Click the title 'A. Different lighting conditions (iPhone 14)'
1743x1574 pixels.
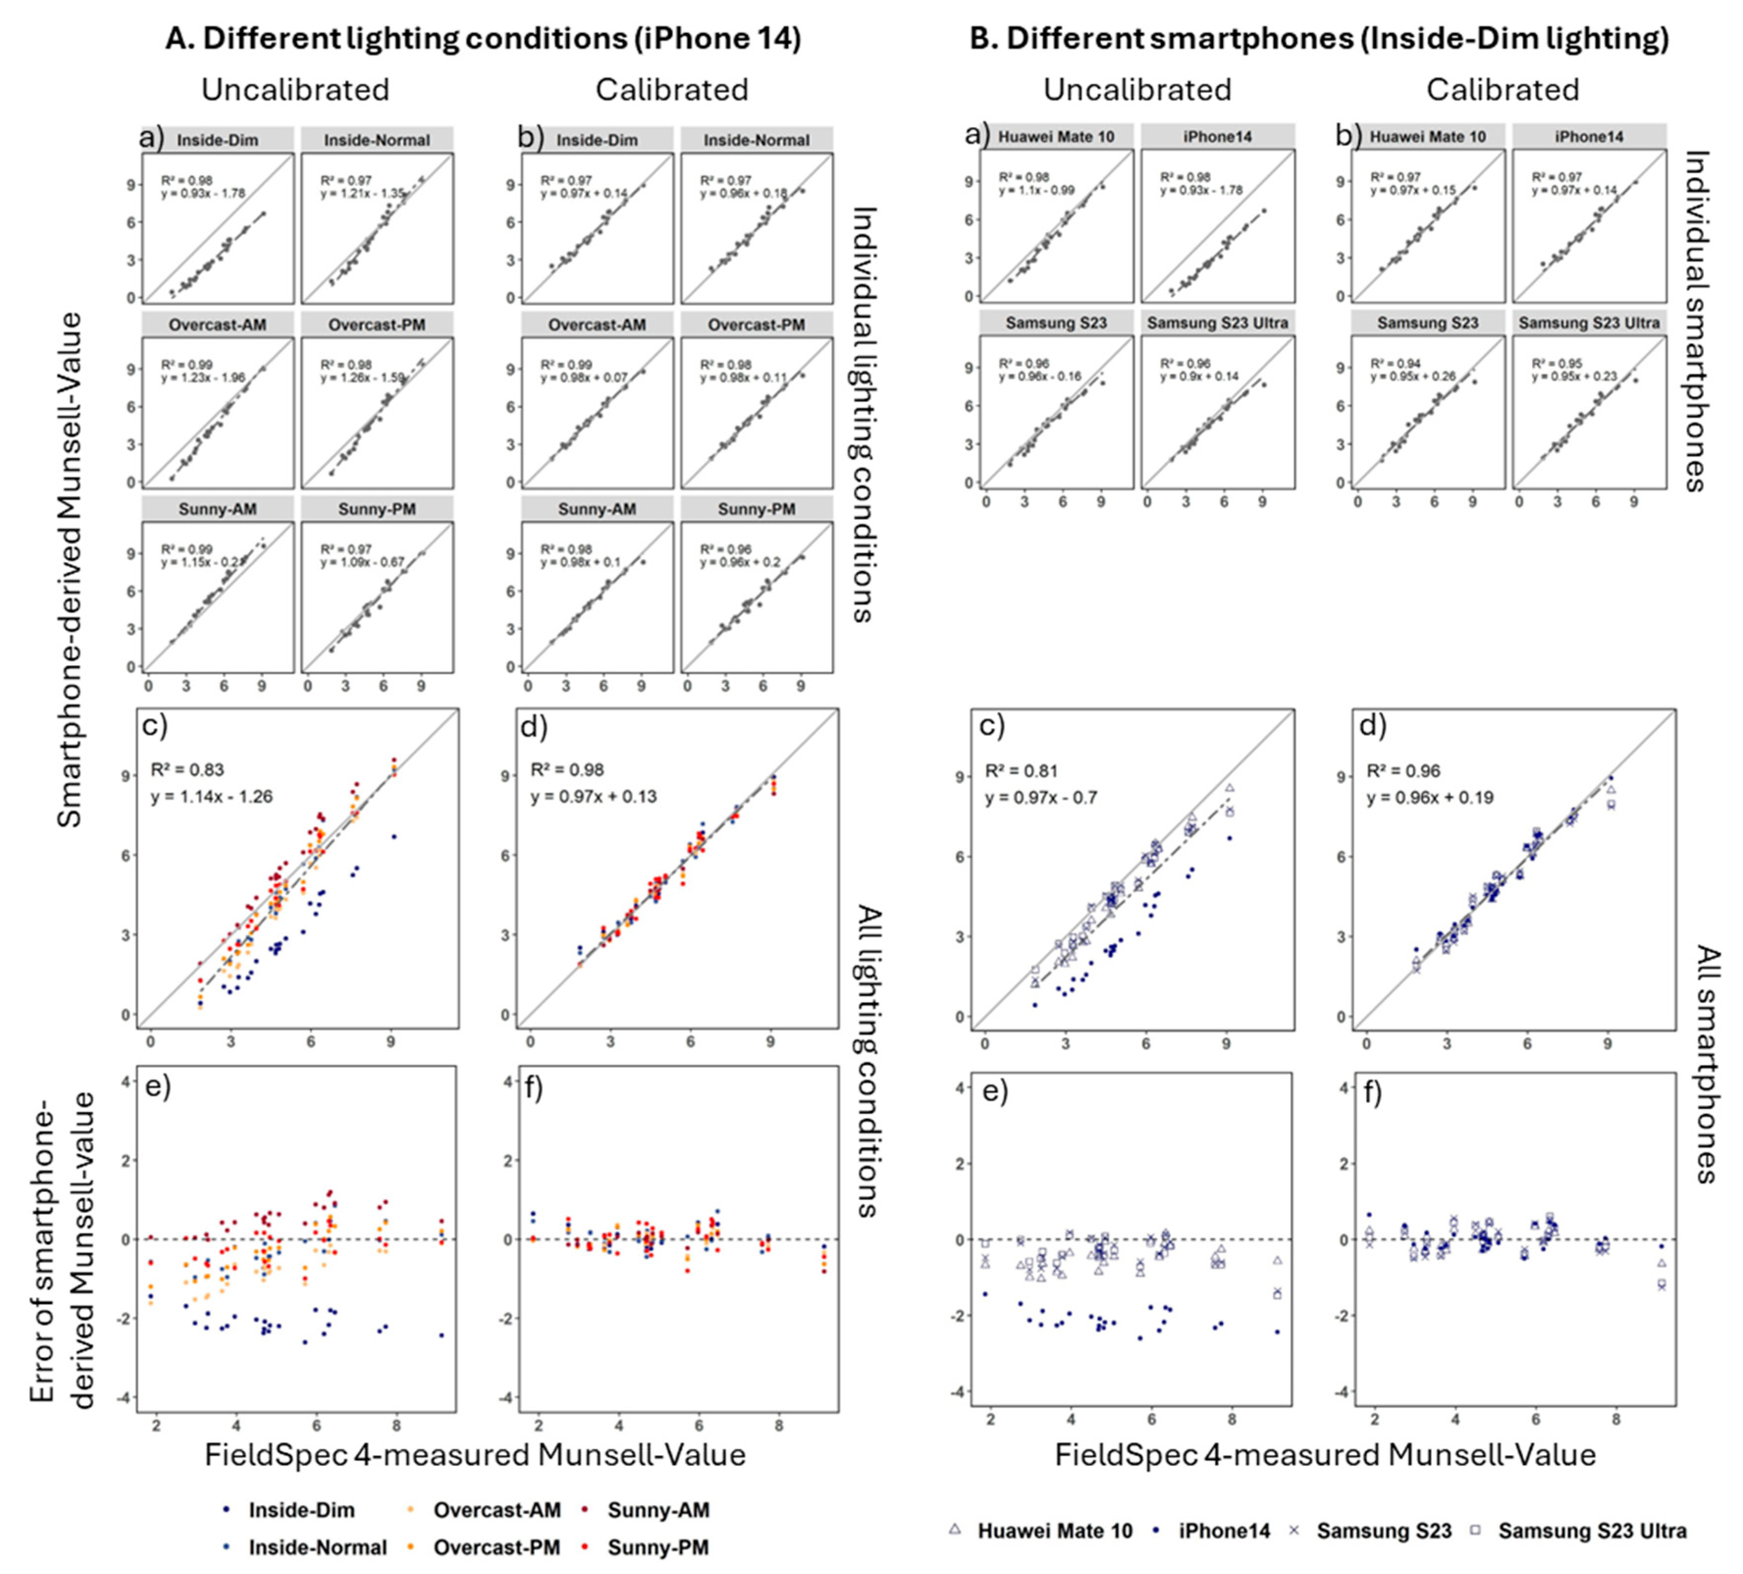tap(482, 39)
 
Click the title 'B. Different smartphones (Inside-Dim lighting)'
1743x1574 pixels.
tap(1319, 39)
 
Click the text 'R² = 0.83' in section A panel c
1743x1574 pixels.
tap(187, 770)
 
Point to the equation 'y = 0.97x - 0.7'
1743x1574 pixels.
tap(1041, 797)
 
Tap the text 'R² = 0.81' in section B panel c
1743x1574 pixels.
tap(1022, 771)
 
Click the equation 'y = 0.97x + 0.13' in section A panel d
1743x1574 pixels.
tap(593, 796)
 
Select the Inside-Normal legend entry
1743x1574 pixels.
tap(317, 1547)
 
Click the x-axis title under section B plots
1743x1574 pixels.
tap(1324, 1455)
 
